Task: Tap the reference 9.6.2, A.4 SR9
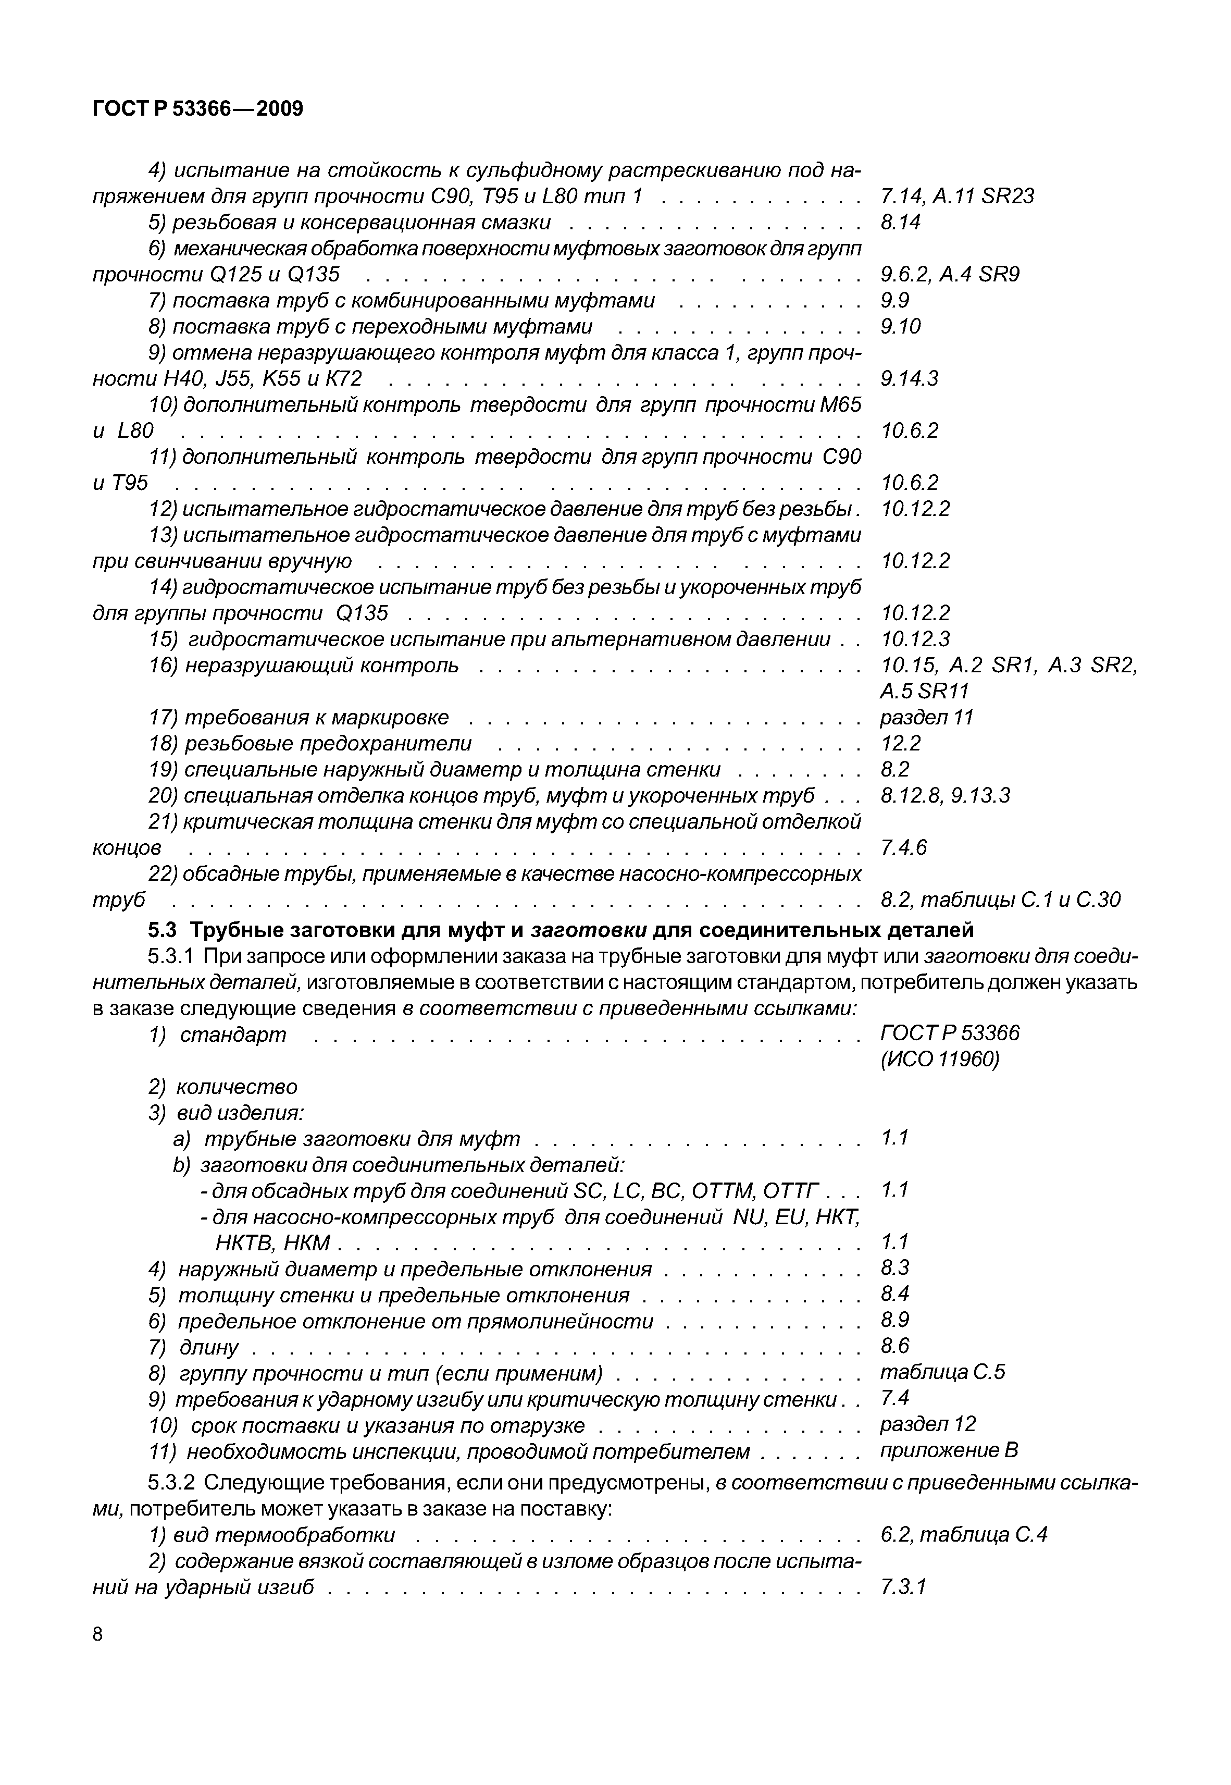(950, 275)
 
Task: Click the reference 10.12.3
(915, 639)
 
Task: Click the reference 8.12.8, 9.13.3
(945, 795)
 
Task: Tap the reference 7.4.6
(903, 848)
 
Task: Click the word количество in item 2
(237, 1087)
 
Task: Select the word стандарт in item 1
(233, 1035)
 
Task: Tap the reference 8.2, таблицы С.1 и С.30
(1000, 900)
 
